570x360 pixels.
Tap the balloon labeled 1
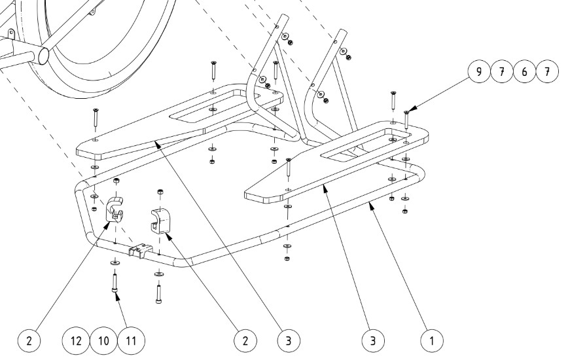point(431,340)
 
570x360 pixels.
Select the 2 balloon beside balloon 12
point(29,340)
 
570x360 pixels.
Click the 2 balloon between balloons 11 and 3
point(245,340)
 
